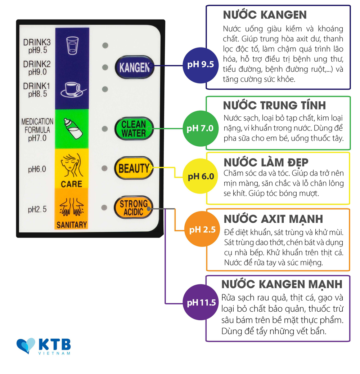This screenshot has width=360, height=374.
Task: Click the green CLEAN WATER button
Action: pos(134,129)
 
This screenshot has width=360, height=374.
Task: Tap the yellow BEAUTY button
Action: pos(134,168)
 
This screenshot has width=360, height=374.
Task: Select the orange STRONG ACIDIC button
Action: pos(134,208)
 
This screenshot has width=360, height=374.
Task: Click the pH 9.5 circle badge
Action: pos(201,65)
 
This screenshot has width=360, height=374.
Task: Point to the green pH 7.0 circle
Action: pos(200,128)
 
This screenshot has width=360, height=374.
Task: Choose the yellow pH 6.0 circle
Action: pos(201,176)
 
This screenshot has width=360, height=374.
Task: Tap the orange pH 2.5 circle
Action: pos(202,229)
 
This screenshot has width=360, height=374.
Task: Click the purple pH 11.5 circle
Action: pos(201,302)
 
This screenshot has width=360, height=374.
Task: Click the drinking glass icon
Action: pos(72,45)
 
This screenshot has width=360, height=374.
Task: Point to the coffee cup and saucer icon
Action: pos(73,89)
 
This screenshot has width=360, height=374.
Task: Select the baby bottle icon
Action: pos(73,128)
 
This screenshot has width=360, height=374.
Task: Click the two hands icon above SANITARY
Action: pos(72,206)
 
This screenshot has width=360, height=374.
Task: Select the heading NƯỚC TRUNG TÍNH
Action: pos(274,105)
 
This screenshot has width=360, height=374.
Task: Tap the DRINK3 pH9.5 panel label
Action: pos(37,46)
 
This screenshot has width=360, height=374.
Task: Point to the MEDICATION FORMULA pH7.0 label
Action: pos(37,130)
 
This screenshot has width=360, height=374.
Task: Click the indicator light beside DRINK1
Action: pos(105,89)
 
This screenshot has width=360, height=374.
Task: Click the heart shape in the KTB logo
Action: pos(26,346)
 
